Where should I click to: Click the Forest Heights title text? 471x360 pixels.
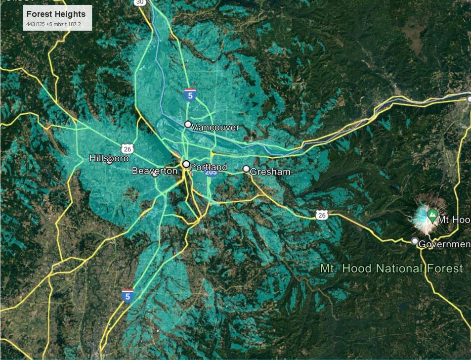[56, 14]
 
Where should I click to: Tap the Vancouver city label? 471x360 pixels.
[215, 128]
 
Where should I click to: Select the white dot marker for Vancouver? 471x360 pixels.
[188, 124]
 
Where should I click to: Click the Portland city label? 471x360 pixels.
[208, 167]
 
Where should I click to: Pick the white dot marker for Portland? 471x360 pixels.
[186, 164]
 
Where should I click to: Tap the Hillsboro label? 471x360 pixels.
[109, 158]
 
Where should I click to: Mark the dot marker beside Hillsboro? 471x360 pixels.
[109, 162]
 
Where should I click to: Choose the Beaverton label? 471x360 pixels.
[154, 171]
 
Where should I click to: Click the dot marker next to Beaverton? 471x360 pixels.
[155, 174]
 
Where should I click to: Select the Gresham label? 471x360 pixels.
[270, 172]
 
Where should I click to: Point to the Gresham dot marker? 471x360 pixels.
[246, 169]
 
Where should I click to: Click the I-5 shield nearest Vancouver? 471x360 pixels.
[190, 95]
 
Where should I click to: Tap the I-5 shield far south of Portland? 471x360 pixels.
[128, 295]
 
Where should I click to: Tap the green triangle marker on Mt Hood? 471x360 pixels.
[432, 215]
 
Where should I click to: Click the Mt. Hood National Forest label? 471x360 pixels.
[391, 269]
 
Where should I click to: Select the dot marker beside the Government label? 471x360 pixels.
[415, 241]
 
